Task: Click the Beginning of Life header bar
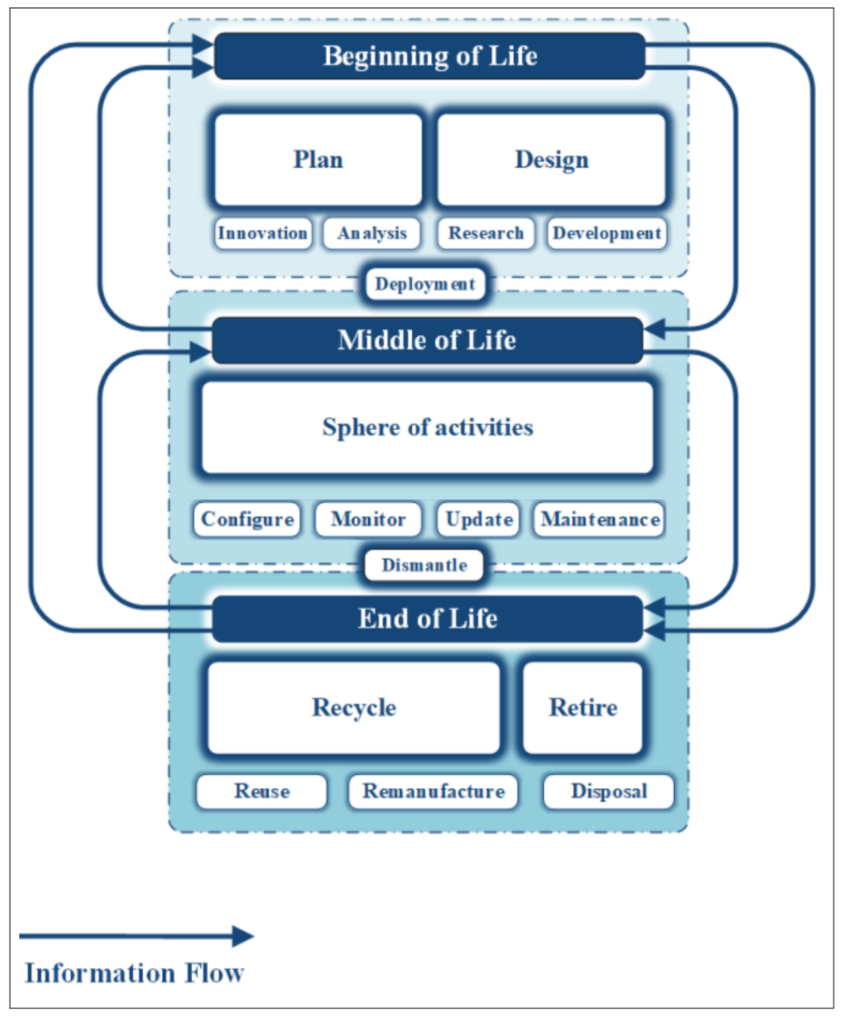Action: (x=430, y=56)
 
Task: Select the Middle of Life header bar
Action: (x=428, y=341)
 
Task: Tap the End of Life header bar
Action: (x=428, y=619)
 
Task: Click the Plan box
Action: (x=318, y=160)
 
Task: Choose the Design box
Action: (x=551, y=160)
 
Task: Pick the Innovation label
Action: (x=263, y=233)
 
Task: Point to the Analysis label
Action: (x=371, y=233)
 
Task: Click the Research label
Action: (x=486, y=233)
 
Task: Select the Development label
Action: (x=606, y=233)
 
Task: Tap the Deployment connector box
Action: (x=425, y=284)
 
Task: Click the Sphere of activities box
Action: (x=428, y=428)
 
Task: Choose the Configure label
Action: (x=247, y=520)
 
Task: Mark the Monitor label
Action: (x=368, y=520)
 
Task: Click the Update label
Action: (x=479, y=520)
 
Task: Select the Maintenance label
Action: (x=599, y=520)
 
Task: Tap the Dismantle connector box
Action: (x=424, y=565)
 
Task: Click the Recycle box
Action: (x=354, y=708)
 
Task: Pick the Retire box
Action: (x=583, y=708)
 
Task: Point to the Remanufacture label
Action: (x=434, y=792)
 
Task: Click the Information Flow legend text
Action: (x=134, y=973)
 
